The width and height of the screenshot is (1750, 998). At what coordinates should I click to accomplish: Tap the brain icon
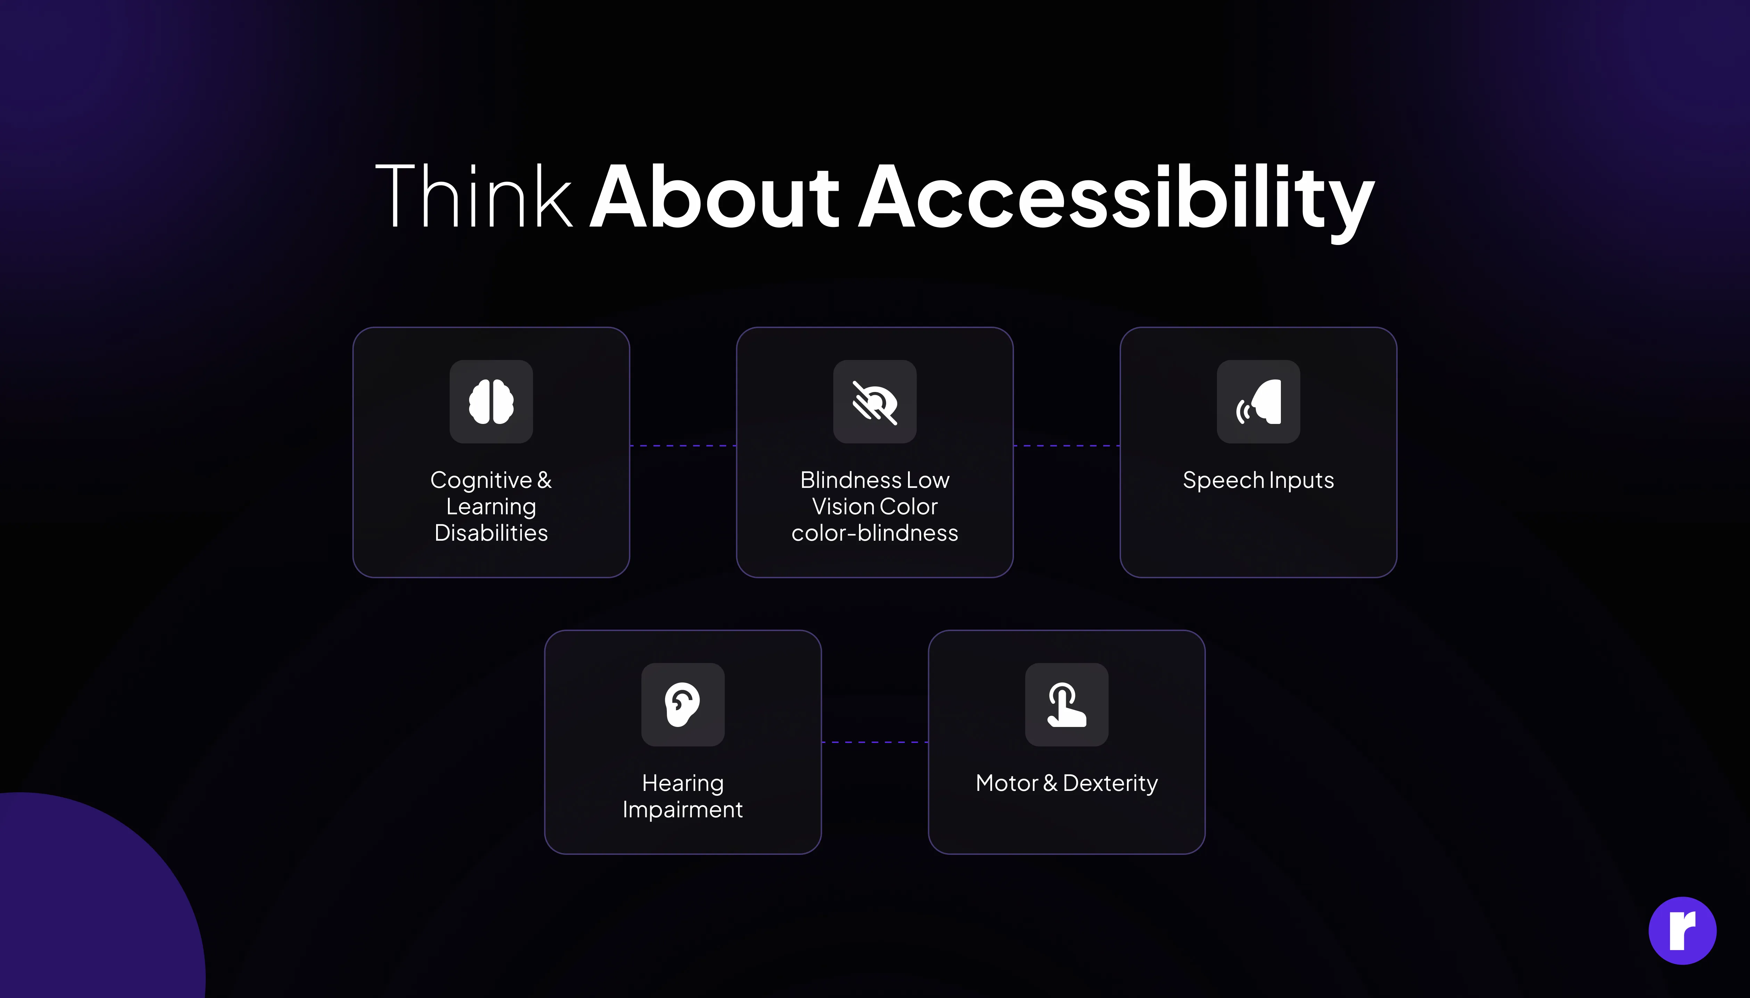point(491,402)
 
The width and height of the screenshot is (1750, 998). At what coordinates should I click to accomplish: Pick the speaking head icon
point(1259,402)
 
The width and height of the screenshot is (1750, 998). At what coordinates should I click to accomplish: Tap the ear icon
point(683,705)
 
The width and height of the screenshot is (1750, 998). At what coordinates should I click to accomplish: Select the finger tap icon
point(1066,705)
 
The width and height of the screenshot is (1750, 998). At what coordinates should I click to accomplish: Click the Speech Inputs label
point(1259,481)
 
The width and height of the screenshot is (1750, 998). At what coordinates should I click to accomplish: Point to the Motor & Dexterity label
point(1066,784)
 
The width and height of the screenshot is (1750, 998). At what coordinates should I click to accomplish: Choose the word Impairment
point(683,810)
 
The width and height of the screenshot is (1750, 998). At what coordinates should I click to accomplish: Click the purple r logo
point(1682,931)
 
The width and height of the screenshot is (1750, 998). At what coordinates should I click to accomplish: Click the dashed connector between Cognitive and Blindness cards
point(683,445)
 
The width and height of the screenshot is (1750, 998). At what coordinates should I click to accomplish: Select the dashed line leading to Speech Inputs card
point(1066,445)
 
